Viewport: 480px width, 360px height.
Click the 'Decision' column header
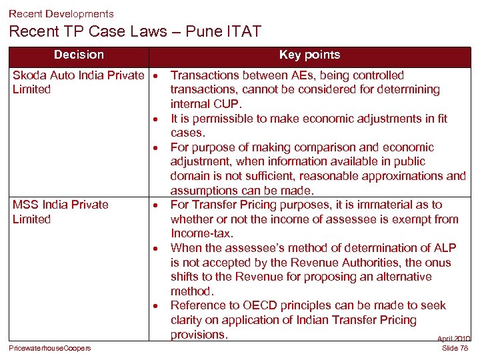coord(79,55)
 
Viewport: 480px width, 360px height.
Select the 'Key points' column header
coord(309,55)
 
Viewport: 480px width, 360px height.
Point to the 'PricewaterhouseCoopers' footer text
coord(50,348)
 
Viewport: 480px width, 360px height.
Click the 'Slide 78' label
coord(455,348)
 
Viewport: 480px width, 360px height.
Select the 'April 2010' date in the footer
coord(454,339)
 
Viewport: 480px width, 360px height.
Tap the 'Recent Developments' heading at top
coord(61,13)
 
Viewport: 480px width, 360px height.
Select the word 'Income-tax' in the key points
coord(201,233)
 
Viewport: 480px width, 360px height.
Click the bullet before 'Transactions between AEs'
coord(153,75)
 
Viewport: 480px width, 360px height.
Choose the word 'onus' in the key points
coord(438,263)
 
